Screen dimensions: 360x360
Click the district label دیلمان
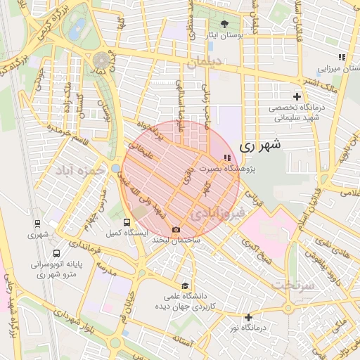[204, 64]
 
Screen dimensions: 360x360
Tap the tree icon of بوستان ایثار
[224, 24]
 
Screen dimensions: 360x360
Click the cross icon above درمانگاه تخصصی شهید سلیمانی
[297, 96]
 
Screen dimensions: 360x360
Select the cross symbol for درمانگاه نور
[247, 317]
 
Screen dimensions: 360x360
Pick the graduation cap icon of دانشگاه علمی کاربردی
[185, 286]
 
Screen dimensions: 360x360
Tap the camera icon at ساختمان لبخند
[176, 229]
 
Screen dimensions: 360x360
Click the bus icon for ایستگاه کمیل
[127, 224]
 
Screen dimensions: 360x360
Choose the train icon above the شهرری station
[37, 224]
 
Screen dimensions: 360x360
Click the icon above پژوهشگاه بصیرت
[226, 158]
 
